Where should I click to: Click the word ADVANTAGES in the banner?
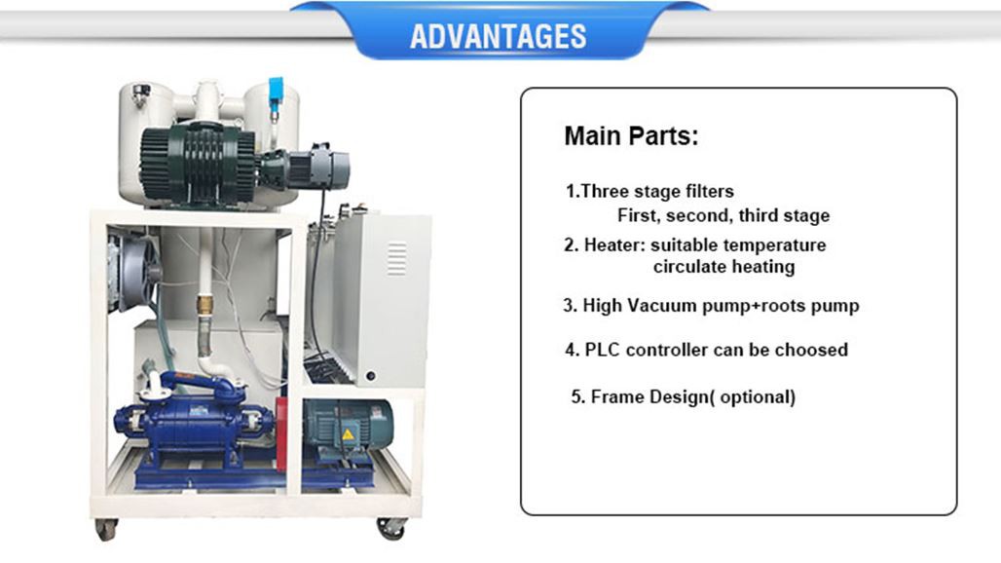pos(498,36)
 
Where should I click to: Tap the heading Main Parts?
pos(631,136)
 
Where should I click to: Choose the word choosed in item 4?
pos(810,350)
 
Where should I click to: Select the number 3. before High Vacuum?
pos(570,306)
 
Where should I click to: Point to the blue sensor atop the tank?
pos(277,87)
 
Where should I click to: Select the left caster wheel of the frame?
pos(104,530)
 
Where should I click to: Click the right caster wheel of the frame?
pos(391,529)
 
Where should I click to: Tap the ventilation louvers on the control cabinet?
pos(396,258)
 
